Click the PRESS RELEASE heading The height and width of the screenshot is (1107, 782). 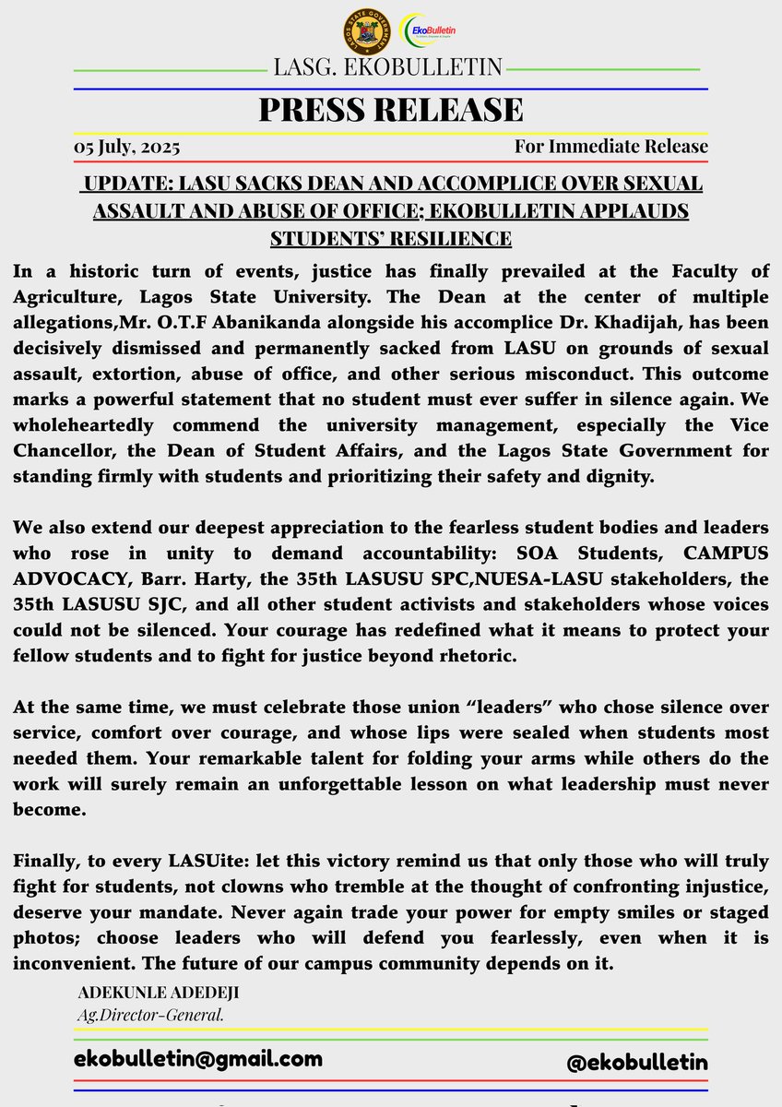(391, 110)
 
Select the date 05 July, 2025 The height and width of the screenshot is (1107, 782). (127, 147)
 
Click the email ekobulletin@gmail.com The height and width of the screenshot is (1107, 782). (198, 1058)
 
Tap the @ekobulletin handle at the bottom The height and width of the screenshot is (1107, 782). (636, 1062)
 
